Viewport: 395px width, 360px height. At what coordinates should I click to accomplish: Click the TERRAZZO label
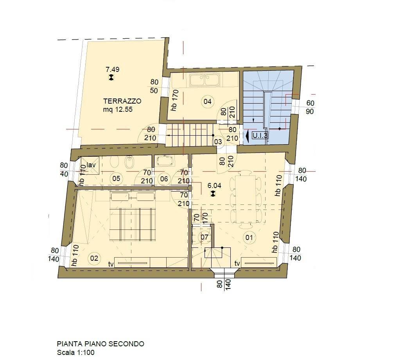[122, 101]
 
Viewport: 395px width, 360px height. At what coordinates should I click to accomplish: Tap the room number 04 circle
[207, 102]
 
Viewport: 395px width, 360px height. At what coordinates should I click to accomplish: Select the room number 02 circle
[94, 258]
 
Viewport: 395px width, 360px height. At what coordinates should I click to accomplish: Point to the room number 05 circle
[116, 179]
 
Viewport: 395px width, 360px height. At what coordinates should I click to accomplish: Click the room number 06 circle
[164, 179]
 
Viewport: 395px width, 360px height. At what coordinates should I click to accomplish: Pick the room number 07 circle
[205, 237]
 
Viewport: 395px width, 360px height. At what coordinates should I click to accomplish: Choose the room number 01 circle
[249, 237]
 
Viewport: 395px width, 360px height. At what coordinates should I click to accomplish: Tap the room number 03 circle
[218, 142]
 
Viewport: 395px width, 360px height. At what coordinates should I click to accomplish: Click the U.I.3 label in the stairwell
[260, 136]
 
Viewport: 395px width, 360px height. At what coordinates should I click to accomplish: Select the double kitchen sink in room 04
[205, 80]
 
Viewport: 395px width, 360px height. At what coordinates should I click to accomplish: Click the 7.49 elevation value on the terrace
[112, 69]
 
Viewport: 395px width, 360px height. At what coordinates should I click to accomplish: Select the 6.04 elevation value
[214, 186]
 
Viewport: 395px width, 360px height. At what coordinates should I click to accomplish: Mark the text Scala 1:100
[75, 352]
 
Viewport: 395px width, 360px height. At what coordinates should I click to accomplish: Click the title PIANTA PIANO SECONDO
[101, 344]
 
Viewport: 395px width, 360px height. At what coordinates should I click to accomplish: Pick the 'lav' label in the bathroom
[90, 165]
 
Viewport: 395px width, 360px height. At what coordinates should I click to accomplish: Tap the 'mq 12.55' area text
[118, 110]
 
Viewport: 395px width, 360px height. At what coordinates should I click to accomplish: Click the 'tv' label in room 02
[111, 264]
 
